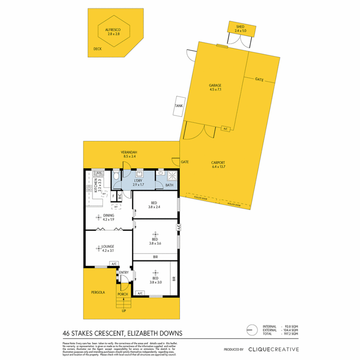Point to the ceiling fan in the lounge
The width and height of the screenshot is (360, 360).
pos(99,248)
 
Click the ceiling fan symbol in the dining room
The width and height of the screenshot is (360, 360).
pos(99,218)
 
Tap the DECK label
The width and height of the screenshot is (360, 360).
pos(97,49)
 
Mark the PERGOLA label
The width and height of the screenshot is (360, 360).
pos(98,292)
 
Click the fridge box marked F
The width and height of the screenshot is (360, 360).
pos(114,196)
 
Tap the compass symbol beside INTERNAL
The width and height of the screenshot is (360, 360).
pos(252,330)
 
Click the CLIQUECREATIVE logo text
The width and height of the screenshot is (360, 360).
pos(273,349)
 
